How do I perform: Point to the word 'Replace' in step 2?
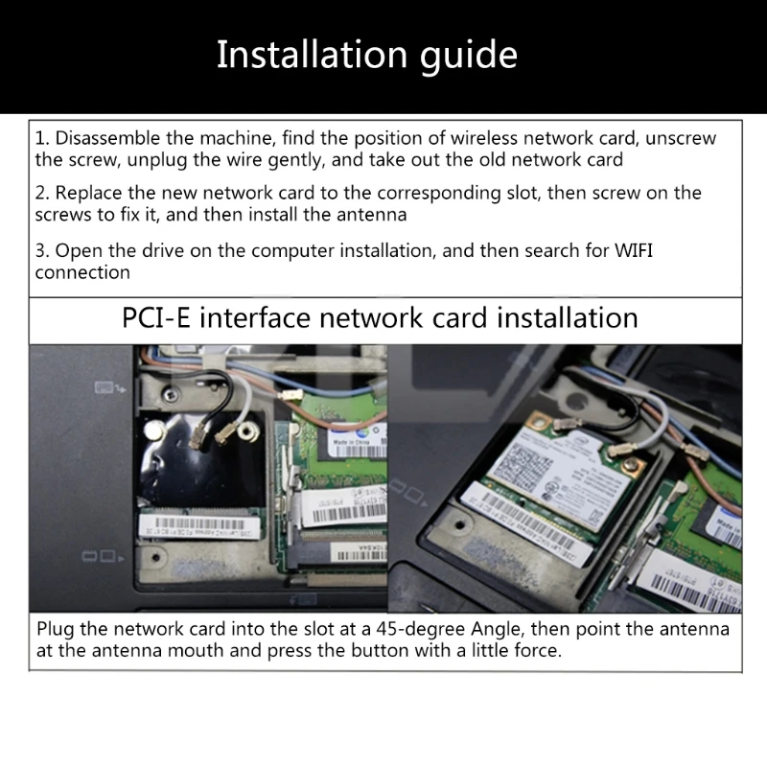click(89, 193)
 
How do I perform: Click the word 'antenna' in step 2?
click(373, 214)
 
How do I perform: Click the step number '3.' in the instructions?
click(42, 251)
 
